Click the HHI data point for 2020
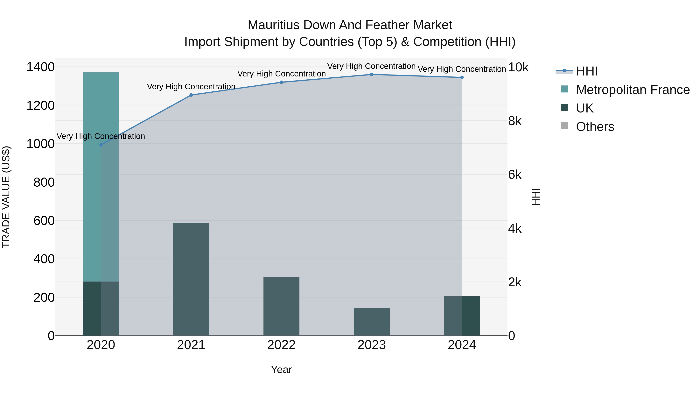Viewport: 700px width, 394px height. coord(101,145)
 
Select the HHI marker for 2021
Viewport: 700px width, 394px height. coord(191,95)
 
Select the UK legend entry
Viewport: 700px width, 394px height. coord(584,108)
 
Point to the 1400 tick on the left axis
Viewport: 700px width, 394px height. coord(40,67)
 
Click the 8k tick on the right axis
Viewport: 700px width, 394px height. coord(515,121)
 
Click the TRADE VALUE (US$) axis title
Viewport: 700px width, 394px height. coord(6,197)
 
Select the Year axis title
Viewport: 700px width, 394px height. coord(281,369)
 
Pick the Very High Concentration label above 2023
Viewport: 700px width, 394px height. coord(371,66)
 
